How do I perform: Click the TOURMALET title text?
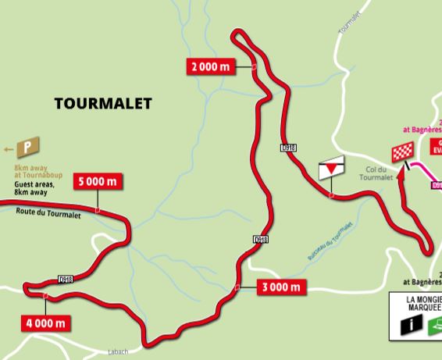click(x=103, y=103)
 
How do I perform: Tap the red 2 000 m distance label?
click(x=211, y=66)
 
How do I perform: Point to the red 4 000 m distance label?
click(x=47, y=321)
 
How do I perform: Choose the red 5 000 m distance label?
click(x=98, y=182)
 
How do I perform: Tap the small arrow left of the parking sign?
click(x=9, y=148)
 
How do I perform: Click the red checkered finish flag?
click(x=401, y=154)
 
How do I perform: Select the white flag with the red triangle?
click(x=332, y=166)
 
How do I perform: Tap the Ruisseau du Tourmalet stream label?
click(x=327, y=241)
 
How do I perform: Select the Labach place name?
click(x=118, y=352)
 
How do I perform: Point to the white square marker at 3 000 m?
click(x=236, y=287)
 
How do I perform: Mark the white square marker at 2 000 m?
click(x=255, y=67)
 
